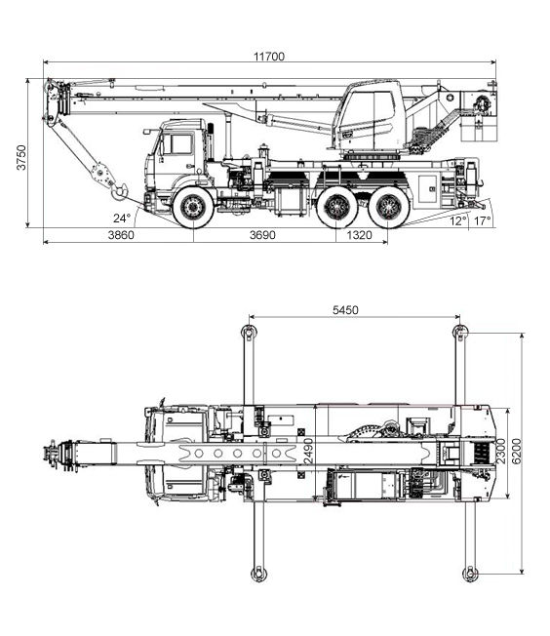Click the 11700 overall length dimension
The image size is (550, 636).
(x=269, y=57)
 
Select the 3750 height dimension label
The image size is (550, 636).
(x=21, y=157)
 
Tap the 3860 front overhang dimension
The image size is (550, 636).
(x=121, y=235)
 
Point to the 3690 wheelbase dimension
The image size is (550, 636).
(x=262, y=235)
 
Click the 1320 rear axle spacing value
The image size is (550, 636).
(x=360, y=235)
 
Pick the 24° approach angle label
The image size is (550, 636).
(x=122, y=219)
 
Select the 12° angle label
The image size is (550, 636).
(x=458, y=221)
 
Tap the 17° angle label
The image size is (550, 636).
(x=483, y=221)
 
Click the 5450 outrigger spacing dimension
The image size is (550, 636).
(x=345, y=310)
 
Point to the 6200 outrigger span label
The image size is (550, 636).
(x=517, y=452)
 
